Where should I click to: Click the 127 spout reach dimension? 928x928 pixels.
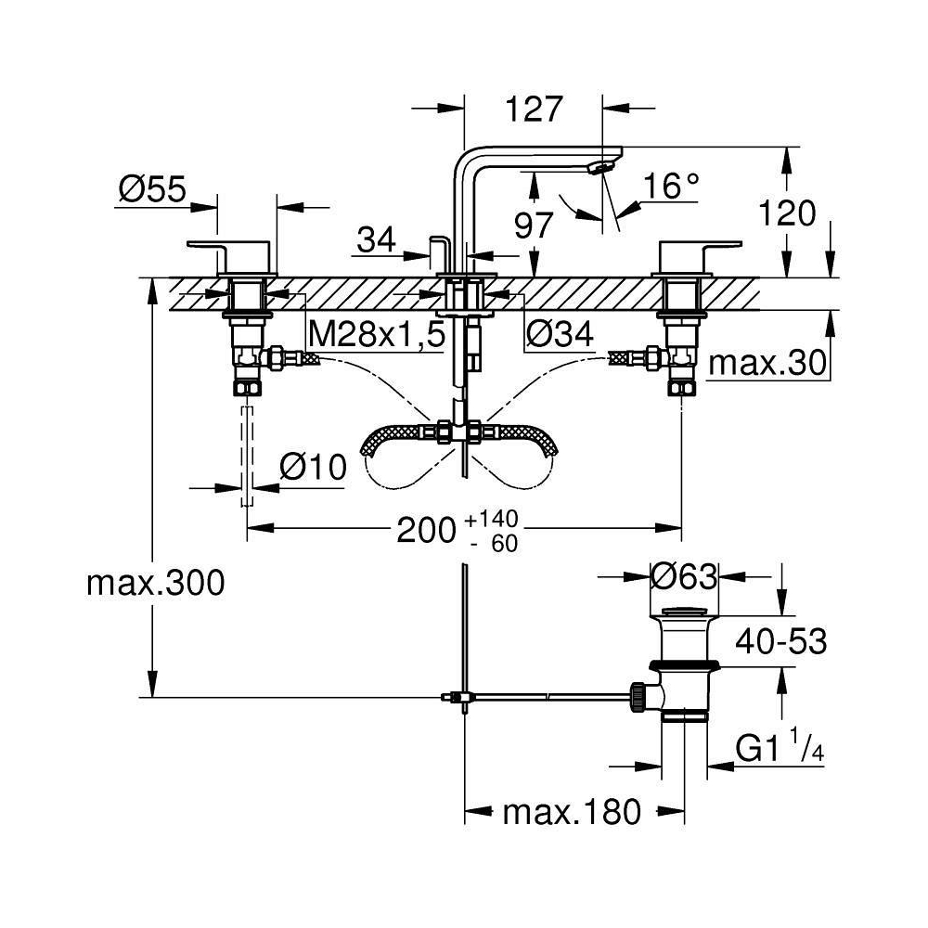coord(534,109)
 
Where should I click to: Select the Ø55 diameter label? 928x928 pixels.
coord(153,189)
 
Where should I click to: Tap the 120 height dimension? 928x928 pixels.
coord(787,213)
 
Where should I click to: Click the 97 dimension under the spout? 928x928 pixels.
coord(534,225)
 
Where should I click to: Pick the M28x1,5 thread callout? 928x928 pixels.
coord(377,336)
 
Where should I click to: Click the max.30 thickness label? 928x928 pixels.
coord(767,363)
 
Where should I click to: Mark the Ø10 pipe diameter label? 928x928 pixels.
coord(313,468)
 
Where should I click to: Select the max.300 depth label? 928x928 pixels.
coord(156,583)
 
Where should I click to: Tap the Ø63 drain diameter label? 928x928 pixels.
coord(684,576)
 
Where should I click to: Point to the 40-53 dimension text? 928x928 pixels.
coord(780,641)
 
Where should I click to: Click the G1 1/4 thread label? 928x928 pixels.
coord(780,749)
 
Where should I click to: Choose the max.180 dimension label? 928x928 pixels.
coord(572,812)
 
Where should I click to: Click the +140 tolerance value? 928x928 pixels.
coord(491,519)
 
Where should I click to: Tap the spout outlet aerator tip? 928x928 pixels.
coord(599,168)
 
